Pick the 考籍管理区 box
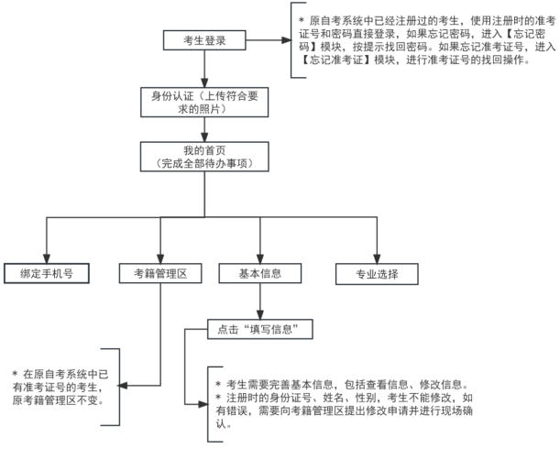click(159, 273)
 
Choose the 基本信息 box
click(259, 273)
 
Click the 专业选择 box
click(377, 273)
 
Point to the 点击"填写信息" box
click(260, 328)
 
